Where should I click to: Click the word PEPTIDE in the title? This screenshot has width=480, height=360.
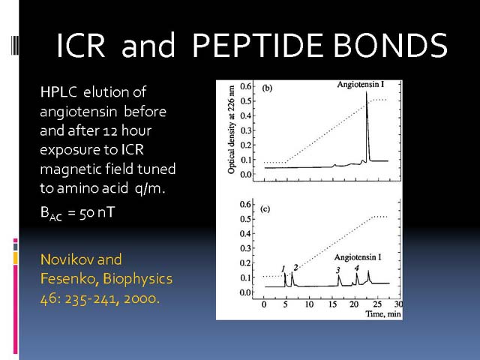click(257, 45)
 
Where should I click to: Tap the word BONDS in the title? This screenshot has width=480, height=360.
click(391, 45)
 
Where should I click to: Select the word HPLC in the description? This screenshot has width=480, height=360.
click(58, 91)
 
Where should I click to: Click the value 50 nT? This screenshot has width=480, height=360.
click(97, 212)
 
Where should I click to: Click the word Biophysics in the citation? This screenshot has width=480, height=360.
click(137, 279)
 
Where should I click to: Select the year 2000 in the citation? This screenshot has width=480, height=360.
click(142, 298)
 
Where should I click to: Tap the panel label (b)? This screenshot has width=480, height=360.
click(267, 88)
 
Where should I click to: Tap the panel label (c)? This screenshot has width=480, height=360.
click(265, 209)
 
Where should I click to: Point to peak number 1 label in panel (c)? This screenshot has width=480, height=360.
click(283, 268)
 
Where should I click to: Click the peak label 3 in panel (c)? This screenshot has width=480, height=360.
click(338, 270)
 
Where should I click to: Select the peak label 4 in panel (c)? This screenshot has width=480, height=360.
click(357, 268)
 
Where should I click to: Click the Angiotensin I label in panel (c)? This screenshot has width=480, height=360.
click(358, 257)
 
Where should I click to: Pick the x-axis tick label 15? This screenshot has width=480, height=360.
click(333, 304)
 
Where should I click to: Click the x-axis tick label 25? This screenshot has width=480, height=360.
click(377, 304)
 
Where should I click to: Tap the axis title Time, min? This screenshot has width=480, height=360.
click(383, 313)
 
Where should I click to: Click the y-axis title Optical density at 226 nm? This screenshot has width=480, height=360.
click(232, 130)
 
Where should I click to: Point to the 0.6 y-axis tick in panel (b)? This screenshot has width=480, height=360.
click(245, 86)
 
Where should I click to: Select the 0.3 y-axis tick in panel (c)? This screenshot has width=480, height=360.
click(245, 248)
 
